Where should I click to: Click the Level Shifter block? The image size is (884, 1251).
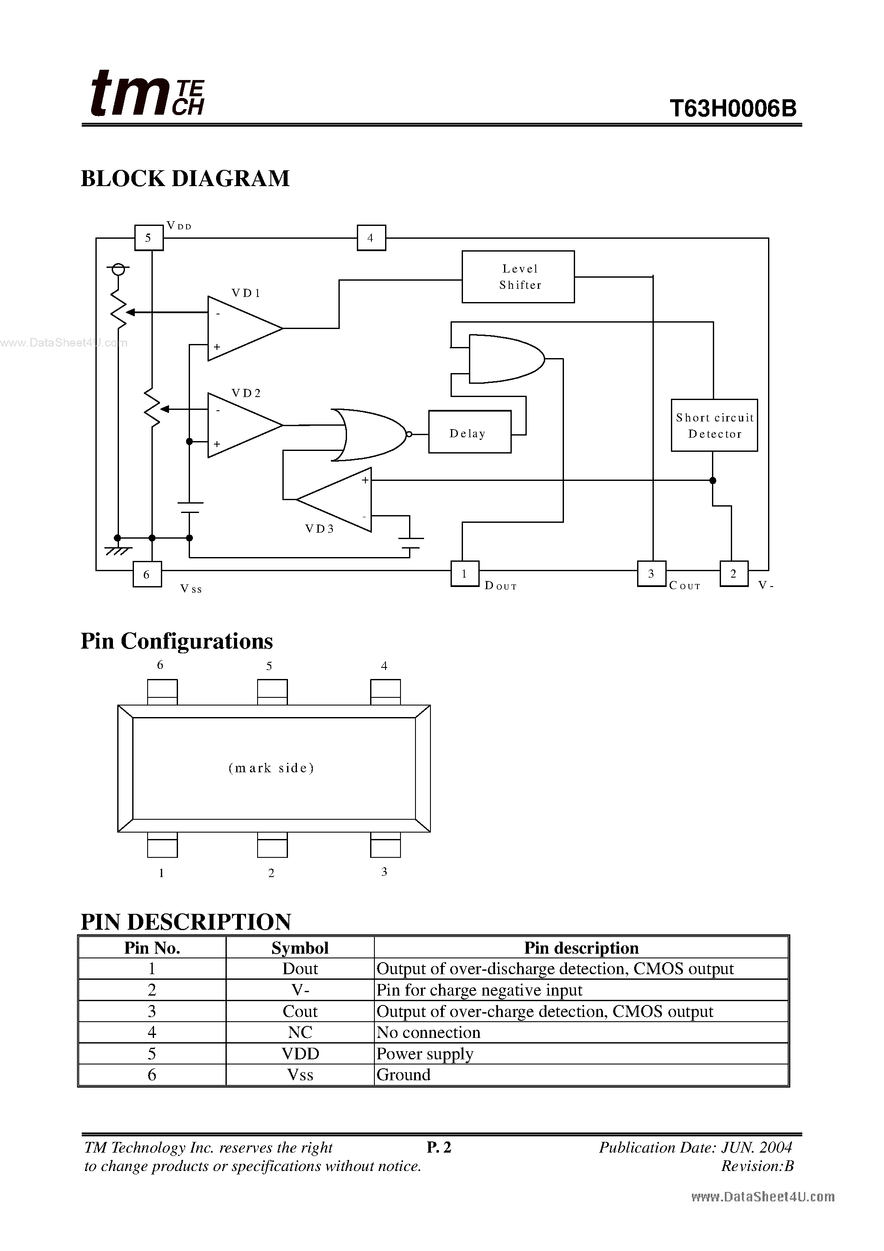pyautogui.click(x=518, y=277)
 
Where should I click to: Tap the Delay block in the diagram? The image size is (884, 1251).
pyautogui.click(x=469, y=432)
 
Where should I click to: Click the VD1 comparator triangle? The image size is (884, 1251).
pyautogui.click(x=240, y=329)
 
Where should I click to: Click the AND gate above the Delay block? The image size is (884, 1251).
pyautogui.click(x=504, y=359)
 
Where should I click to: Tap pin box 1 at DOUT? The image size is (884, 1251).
pyautogui.click(x=465, y=574)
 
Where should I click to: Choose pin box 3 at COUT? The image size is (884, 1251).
pyautogui.click(x=651, y=574)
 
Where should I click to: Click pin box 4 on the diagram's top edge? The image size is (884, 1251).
pyautogui.click(x=371, y=238)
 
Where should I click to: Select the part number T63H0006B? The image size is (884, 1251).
pyautogui.click(x=733, y=108)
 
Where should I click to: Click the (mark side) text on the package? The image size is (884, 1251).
pyautogui.click(x=271, y=768)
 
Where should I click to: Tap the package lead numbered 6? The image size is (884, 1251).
pyautogui.click(x=163, y=692)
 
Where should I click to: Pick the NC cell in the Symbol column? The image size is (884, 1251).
pyautogui.click(x=300, y=1032)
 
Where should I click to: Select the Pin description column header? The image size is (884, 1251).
pyautogui.click(x=581, y=948)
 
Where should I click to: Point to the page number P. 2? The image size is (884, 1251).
pyautogui.click(x=439, y=1147)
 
